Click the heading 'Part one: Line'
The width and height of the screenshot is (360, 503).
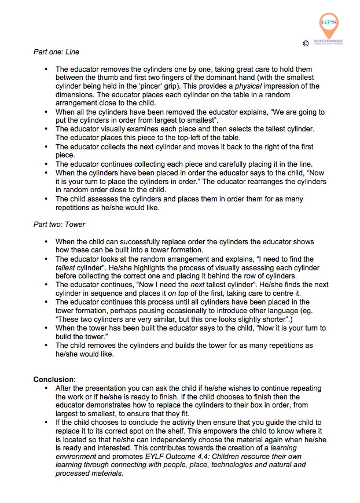[x=56, y=52]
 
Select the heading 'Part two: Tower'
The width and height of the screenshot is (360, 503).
[x=60, y=224]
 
